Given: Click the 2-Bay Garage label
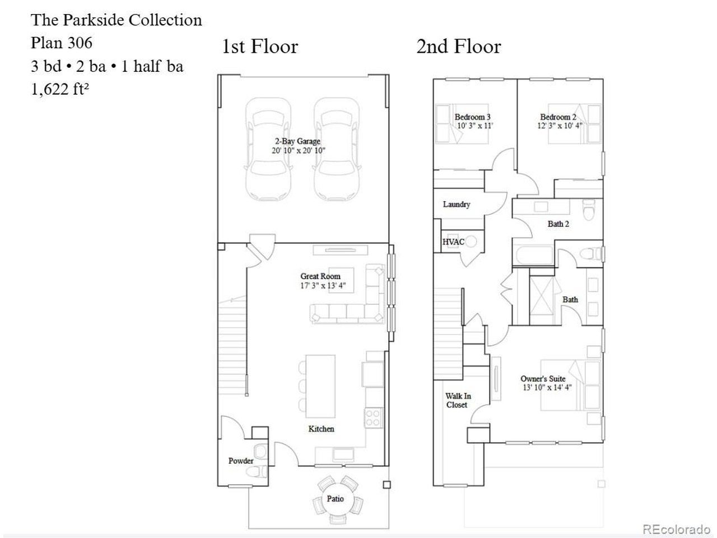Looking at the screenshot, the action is point(297,141).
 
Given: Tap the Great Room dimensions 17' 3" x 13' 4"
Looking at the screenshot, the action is point(323,285).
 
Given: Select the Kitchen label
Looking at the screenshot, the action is point(321,429).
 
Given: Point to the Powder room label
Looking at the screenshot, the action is point(241,461).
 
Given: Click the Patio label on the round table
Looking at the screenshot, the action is point(335,498).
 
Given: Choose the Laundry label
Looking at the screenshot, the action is point(457,204).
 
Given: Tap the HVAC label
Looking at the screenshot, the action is point(453,242).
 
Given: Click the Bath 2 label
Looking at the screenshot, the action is point(558,224).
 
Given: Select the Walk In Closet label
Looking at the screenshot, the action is point(458,400).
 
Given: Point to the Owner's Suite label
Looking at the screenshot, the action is point(543,379).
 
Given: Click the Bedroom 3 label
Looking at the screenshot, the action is point(472,117).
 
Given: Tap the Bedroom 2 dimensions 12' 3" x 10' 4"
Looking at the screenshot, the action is point(560,126).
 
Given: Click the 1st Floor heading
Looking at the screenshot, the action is point(260,47).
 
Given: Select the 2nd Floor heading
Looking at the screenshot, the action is point(459,47).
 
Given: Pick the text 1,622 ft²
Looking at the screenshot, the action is point(60,89).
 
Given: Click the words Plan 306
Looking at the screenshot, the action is point(62,43).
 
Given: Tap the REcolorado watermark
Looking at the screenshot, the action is point(677,529).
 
